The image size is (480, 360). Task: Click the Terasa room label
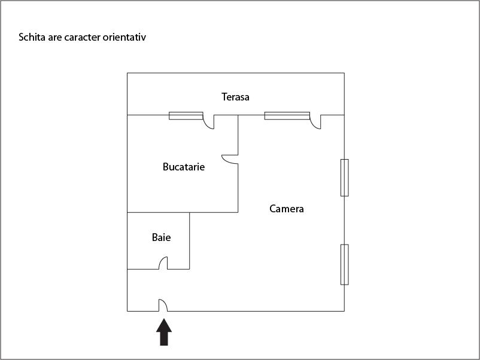click(235, 97)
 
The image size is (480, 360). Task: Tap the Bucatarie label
click(184, 167)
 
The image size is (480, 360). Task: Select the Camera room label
click(287, 209)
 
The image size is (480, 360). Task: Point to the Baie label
click(162, 237)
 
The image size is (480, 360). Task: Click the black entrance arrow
click(164, 332)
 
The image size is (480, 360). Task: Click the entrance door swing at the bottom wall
click(163, 305)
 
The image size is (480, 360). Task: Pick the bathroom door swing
click(163, 263)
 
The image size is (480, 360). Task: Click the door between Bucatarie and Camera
click(230, 159)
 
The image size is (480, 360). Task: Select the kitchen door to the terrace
click(208, 122)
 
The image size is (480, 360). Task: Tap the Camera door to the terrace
click(315, 122)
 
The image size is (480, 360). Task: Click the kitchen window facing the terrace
click(186, 115)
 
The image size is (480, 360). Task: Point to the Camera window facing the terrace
click(287, 115)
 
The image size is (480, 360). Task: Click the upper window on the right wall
click(345, 178)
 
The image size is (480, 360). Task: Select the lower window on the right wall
click(345, 264)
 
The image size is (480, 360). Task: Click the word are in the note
click(54, 38)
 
